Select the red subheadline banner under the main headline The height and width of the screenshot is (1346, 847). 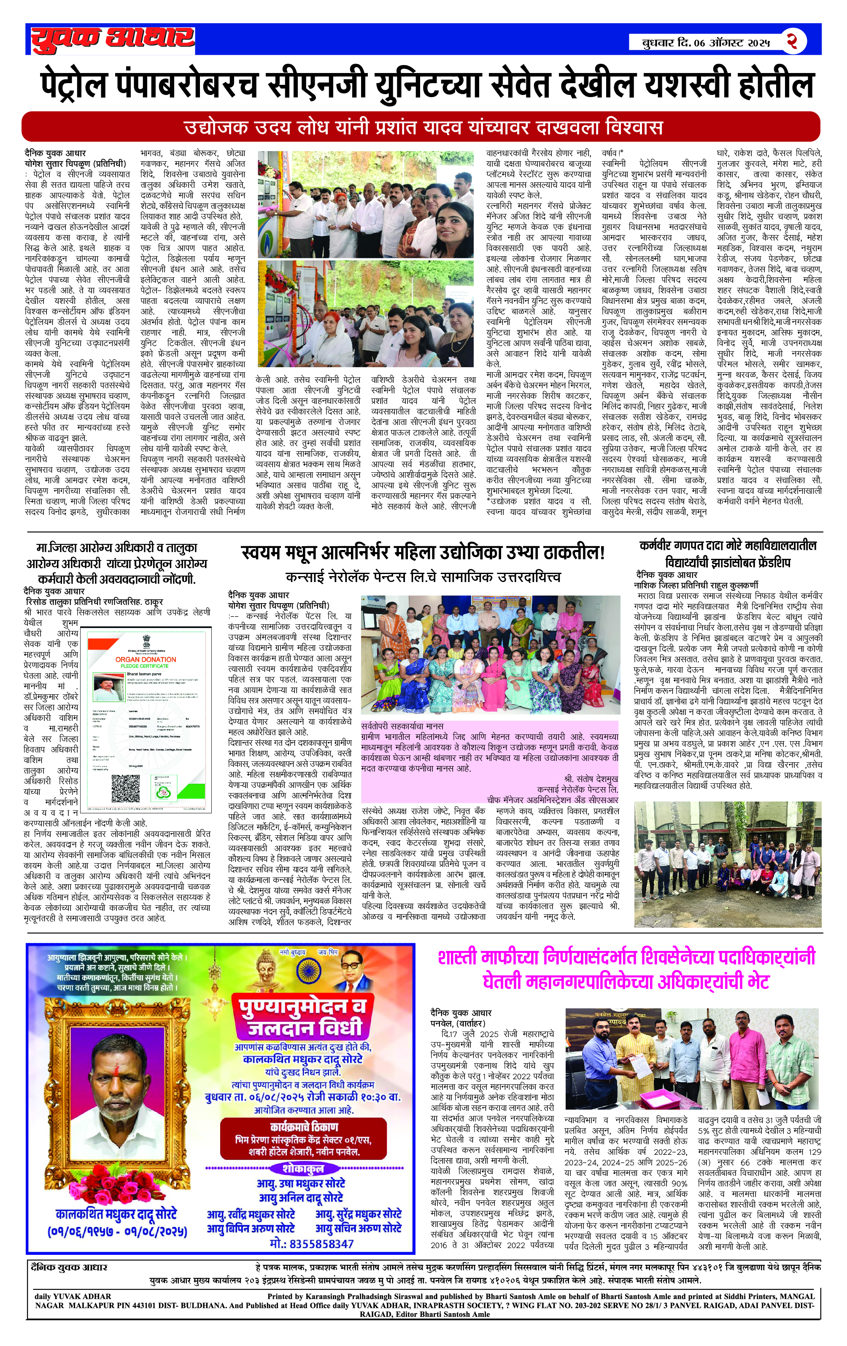pyautogui.click(x=420, y=127)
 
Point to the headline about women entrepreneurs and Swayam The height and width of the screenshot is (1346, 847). pyautogui.click(x=423, y=553)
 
